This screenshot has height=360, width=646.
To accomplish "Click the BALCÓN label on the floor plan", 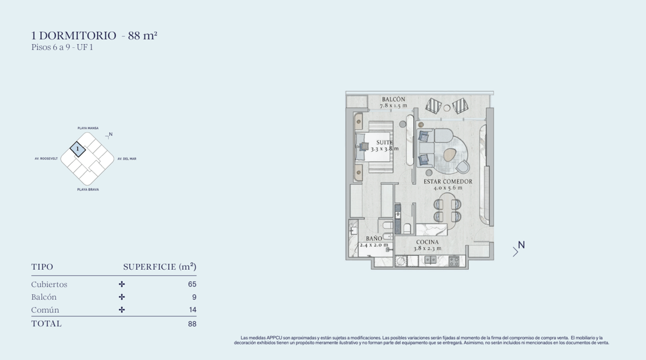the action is coord(394,99).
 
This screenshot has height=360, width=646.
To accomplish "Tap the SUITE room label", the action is coord(385,142).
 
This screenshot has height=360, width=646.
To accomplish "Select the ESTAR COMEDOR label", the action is coord(448,181).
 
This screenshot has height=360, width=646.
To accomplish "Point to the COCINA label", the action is coord(427,242).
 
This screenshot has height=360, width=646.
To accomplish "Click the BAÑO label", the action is coord(374,239).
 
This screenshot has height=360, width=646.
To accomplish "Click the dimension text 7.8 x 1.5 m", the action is coord(394,106).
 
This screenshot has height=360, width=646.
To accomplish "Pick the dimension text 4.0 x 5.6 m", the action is coord(448,188).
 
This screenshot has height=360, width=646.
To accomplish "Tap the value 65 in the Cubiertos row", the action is coord(192,284).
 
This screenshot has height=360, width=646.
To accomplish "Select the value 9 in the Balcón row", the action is coord(194,297).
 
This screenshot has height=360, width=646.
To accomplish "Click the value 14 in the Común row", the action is coord(193,310).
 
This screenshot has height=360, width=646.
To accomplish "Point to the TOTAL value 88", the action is coord(192,324).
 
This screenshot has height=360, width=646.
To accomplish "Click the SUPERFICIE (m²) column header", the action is coord(160,267).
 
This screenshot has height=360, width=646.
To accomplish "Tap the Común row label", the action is coord(45,310).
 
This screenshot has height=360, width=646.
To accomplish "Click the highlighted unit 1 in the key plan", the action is coord(77,149).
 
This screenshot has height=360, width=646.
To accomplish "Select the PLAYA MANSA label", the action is coord(88,128).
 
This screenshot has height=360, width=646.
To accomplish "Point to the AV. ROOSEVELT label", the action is coord(46,158).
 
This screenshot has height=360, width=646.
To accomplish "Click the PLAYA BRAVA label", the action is coord(88,190).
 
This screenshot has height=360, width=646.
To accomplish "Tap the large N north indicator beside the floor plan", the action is coord(521,245).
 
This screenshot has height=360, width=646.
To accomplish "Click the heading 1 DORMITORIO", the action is coord(74,35).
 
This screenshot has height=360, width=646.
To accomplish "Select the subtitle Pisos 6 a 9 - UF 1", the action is coord(62,47).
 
